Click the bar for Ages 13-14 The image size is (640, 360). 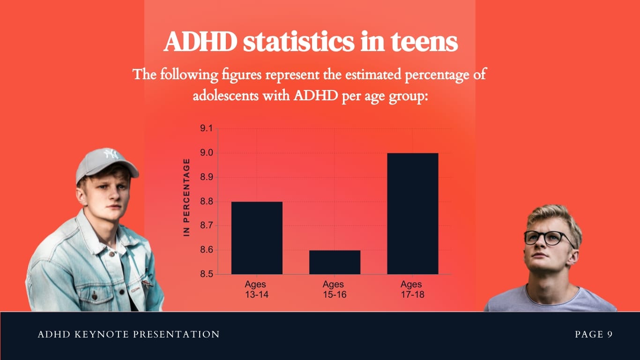coord(257,238)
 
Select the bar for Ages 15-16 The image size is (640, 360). coord(335,262)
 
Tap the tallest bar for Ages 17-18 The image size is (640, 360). coord(412,213)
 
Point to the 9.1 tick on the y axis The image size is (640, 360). coord(206,129)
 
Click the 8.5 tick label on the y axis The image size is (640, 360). coord(206,274)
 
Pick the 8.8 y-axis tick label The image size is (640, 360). coord(206,202)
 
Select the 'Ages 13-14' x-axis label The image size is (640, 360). coord(256,289)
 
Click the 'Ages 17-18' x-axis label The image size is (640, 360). coord(411,289)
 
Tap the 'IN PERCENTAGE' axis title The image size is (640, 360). coord(186,197)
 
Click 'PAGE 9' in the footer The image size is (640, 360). coord(594,334)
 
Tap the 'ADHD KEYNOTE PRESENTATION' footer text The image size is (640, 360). coord(128,334)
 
